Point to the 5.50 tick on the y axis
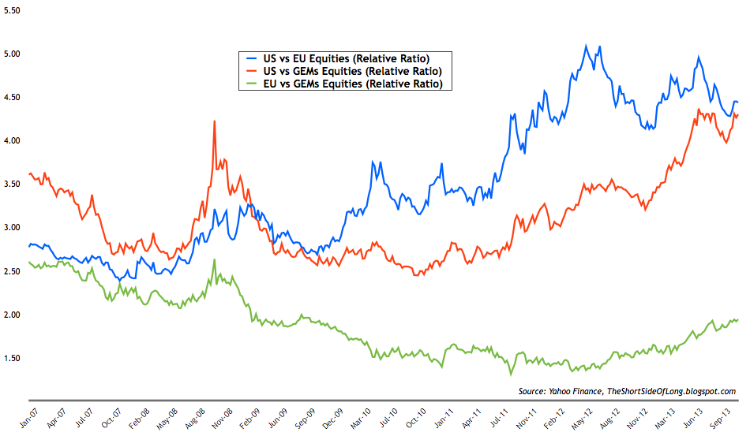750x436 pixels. coord(11,10)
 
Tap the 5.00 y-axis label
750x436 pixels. coord(11,54)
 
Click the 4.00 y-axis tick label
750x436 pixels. coord(11,141)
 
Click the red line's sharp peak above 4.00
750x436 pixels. coord(214,121)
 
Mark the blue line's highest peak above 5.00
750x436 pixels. coord(586,46)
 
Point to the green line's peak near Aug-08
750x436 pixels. coord(214,259)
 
